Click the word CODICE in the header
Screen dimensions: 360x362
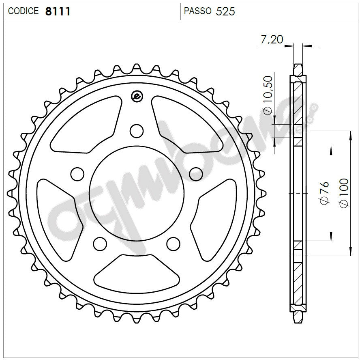coord(24,11)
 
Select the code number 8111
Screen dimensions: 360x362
coord(58,11)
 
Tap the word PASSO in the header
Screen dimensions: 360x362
coord(197,11)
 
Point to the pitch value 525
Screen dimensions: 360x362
coord(225,11)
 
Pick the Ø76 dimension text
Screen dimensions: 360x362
coord(324,193)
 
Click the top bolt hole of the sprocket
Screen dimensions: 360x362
coord(137,131)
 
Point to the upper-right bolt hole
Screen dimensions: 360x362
coord(196,173)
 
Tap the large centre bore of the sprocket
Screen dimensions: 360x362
coord(136,195)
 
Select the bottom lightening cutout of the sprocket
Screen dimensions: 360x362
coord(137,272)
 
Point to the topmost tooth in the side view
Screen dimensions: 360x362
coord(298,67)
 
